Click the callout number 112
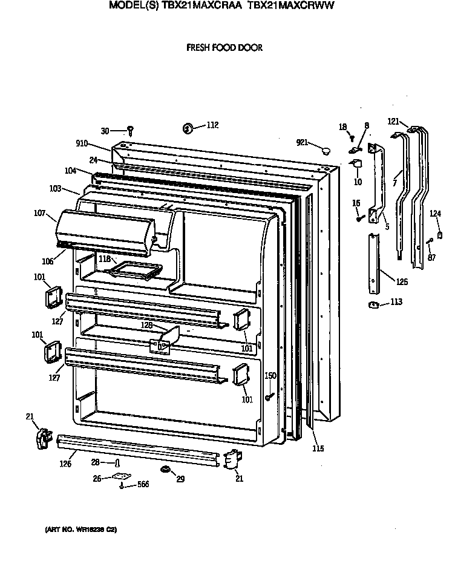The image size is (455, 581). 212,125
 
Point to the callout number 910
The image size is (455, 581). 82,143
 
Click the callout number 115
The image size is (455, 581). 318,448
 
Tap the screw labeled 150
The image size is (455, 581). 268,396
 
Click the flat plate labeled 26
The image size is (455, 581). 122,476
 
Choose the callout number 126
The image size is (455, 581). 65,464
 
